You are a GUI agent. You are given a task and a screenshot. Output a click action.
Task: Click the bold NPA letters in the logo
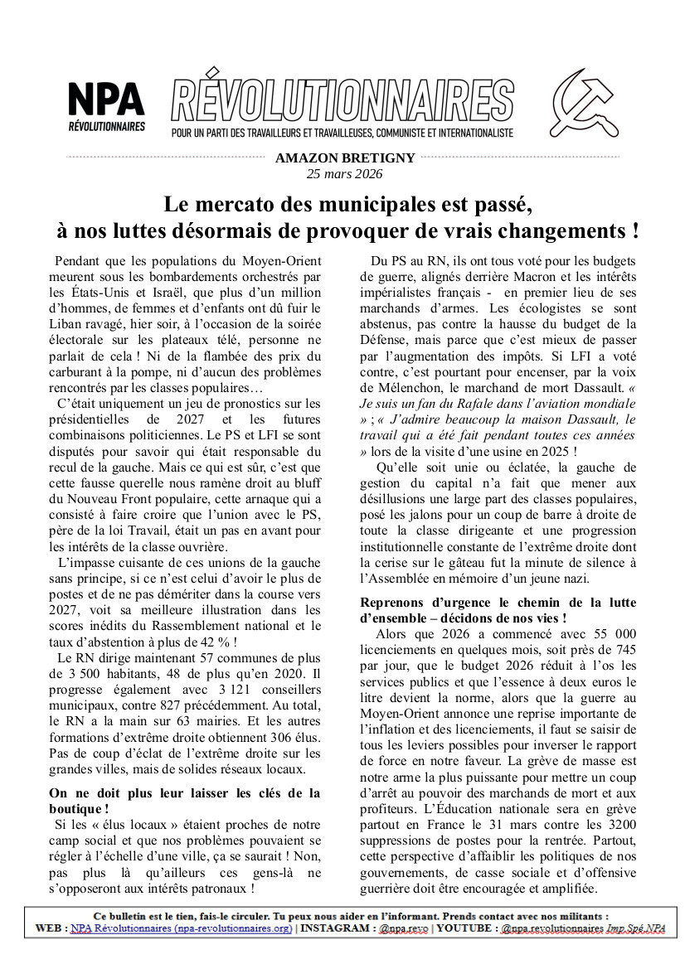click(x=106, y=99)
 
